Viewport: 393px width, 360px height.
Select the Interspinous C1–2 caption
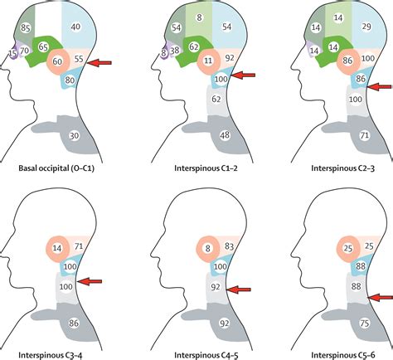pos(196,171)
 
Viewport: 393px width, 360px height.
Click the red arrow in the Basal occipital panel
pos(105,61)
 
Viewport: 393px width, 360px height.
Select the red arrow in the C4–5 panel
pos(242,289)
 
